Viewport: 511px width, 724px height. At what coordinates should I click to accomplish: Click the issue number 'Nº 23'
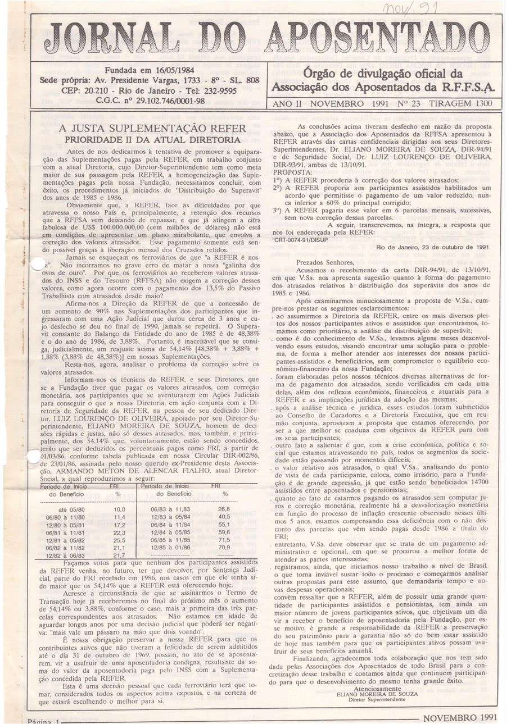click(x=407, y=104)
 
